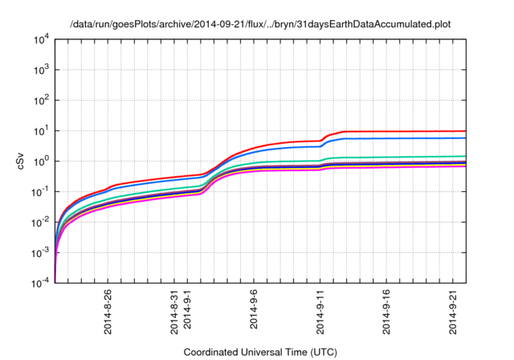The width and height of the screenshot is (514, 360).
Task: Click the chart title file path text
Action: tap(260, 24)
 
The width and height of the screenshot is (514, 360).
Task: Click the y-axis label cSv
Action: tap(22, 162)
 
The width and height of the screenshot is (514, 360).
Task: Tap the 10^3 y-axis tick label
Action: tap(42, 70)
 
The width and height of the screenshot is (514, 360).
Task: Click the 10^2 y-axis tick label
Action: tap(42, 100)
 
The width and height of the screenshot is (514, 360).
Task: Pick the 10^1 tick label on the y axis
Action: tap(42, 131)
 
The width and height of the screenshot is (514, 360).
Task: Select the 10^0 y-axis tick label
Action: tap(42, 162)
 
